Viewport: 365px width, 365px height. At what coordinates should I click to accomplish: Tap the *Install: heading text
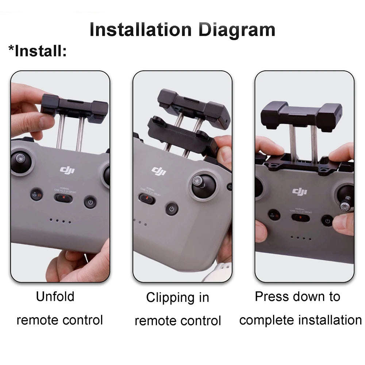(x=38, y=51)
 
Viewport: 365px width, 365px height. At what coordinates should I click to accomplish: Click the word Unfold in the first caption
(x=55, y=296)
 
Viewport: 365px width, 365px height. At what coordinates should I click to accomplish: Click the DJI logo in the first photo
(x=67, y=170)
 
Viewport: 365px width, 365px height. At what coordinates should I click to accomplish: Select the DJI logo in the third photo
(x=300, y=191)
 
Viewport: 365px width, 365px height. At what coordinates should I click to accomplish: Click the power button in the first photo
(x=90, y=202)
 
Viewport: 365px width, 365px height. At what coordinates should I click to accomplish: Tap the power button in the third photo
(x=327, y=220)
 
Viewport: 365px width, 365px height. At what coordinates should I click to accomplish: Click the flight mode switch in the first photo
(x=64, y=198)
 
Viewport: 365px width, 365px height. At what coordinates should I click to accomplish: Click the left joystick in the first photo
(x=21, y=161)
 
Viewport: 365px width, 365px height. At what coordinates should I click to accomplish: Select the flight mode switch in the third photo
(x=300, y=218)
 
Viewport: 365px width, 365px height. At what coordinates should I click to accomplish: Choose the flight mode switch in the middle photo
(x=147, y=199)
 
